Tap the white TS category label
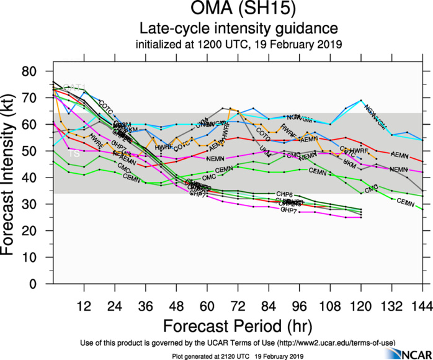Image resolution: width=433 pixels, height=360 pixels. pyautogui.click(x=73, y=153)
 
